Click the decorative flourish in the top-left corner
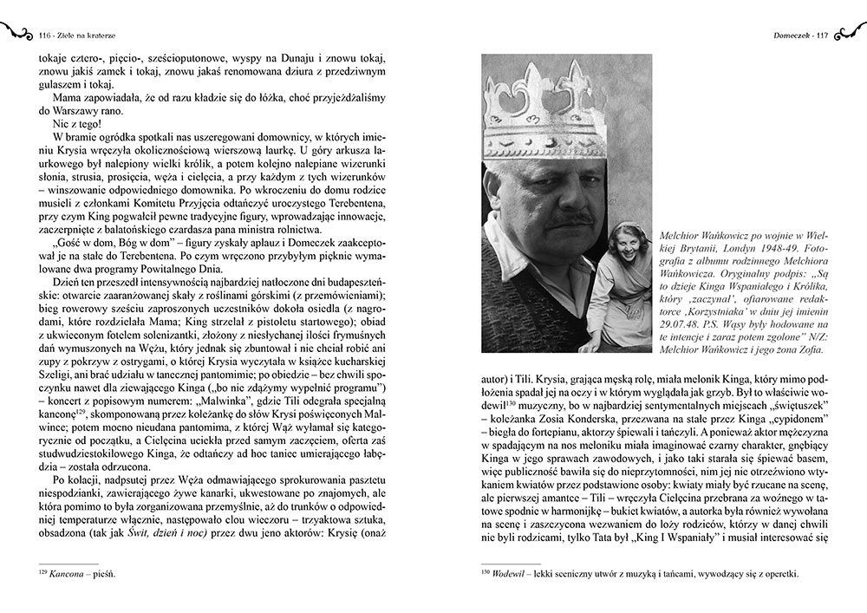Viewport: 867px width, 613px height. click(17, 33)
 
